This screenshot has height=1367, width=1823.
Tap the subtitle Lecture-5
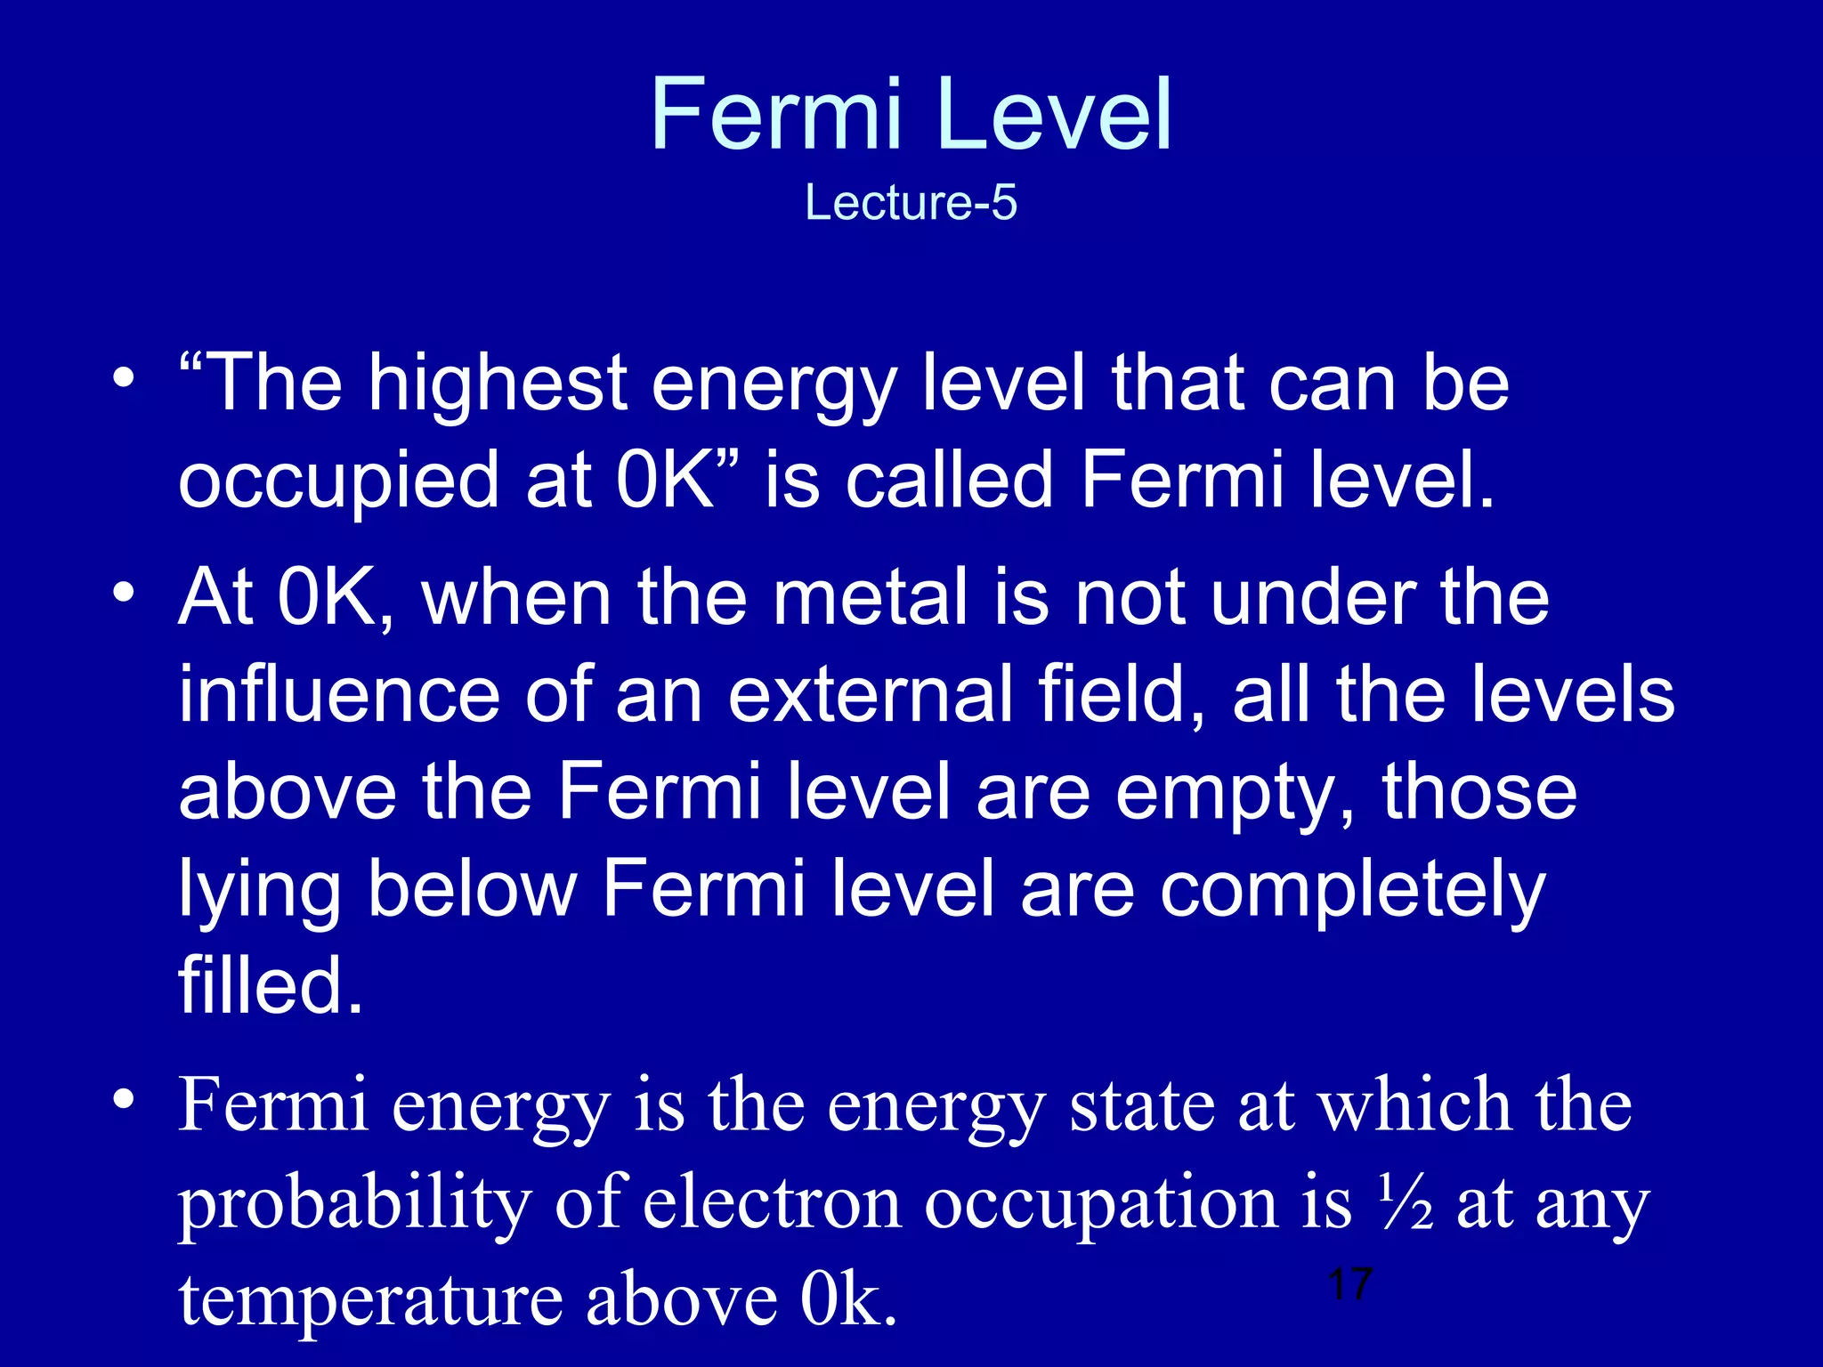pos(911,203)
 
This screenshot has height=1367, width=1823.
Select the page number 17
pos(1349,1284)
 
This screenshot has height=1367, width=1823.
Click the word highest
pos(498,384)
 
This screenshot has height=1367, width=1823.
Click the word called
pos(949,481)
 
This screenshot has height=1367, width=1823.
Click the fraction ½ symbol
pos(1406,1201)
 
